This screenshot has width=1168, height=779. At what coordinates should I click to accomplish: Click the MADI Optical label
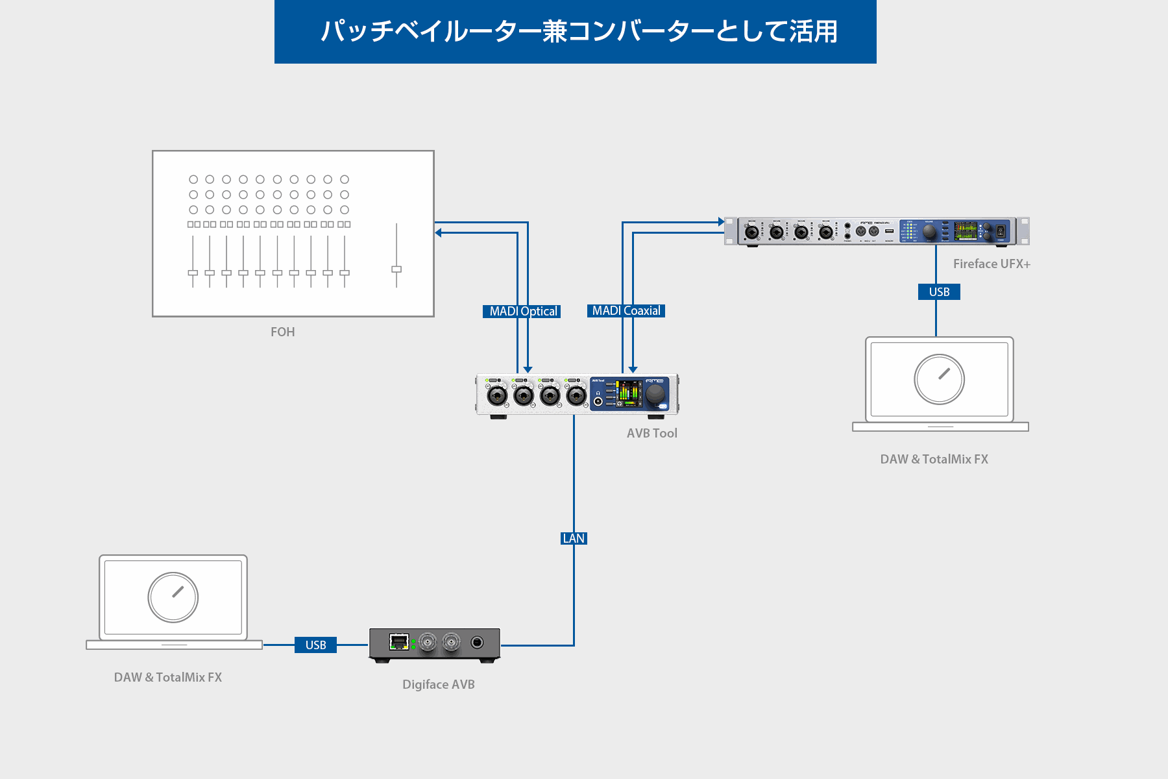(x=522, y=312)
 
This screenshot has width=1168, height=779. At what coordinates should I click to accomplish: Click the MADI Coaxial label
(x=626, y=311)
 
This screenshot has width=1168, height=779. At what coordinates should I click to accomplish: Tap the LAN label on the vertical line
(x=574, y=539)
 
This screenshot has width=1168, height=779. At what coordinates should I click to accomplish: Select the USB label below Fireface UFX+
(x=939, y=292)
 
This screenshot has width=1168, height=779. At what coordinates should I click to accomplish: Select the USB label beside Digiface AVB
(x=315, y=645)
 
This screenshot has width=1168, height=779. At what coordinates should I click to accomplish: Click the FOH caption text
(x=282, y=332)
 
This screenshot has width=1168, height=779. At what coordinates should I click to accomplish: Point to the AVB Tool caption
(x=651, y=434)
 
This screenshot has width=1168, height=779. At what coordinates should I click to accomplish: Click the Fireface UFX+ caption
(x=991, y=264)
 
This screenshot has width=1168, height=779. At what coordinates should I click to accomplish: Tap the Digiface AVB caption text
(x=438, y=685)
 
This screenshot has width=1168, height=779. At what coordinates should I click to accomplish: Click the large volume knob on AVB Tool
(x=655, y=393)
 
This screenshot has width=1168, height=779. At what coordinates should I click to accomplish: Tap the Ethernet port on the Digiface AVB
(x=398, y=642)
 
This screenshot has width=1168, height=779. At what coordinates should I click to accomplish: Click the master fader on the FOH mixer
(x=396, y=269)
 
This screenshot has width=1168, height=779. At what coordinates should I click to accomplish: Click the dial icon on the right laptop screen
(x=939, y=379)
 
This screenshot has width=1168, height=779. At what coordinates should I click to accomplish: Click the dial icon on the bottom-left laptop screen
(x=173, y=597)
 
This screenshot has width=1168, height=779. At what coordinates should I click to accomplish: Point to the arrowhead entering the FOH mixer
(x=439, y=232)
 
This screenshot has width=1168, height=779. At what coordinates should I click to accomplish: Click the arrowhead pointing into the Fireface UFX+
(x=720, y=222)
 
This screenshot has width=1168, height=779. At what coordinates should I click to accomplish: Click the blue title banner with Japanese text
(x=575, y=32)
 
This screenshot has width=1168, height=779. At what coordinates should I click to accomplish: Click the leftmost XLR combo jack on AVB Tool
(x=497, y=395)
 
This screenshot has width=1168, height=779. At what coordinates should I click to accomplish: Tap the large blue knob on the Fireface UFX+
(x=929, y=231)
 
